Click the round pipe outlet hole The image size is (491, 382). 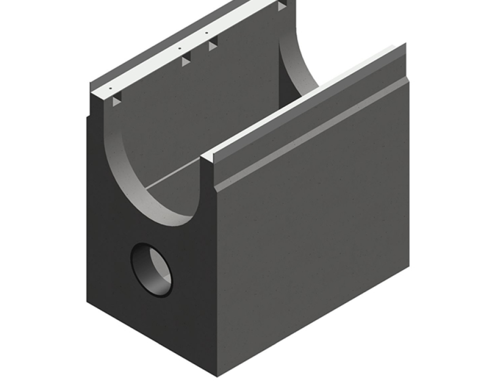pos(152,270)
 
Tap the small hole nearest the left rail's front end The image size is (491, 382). pos(111,89)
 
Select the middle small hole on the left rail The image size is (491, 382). pos(180,49)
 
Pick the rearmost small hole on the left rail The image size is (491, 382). pos(206,33)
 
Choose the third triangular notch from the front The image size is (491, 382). pos(213,45)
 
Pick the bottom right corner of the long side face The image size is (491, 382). pos(408,266)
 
